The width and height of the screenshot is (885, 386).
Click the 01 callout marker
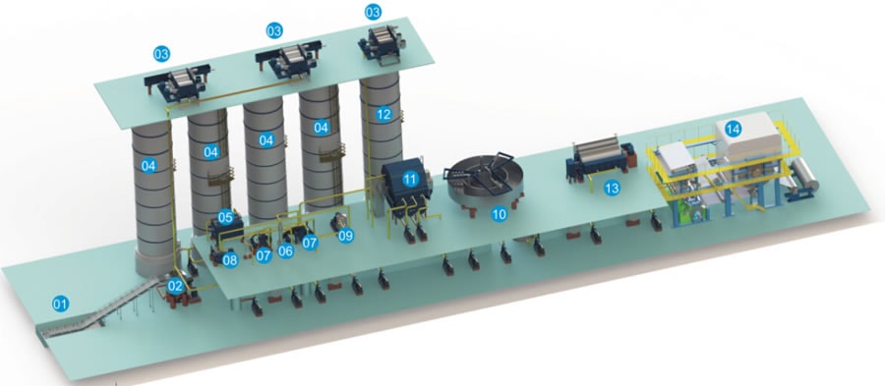pyautogui.click(x=60, y=304)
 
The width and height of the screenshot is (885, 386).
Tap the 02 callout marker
pyautogui.click(x=176, y=286)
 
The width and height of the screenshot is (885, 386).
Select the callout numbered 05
pyautogui.click(x=226, y=217)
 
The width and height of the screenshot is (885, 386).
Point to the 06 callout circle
pyautogui.click(x=286, y=251)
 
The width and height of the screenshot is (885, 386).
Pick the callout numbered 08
pyautogui.click(x=230, y=261)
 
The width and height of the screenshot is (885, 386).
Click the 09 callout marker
pyautogui.click(x=345, y=236)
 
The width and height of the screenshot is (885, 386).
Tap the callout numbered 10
pyautogui.click(x=499, y=214)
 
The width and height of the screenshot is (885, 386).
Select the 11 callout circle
pyautogui.click(x=410, y=179)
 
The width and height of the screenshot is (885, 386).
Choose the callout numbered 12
pyautogui.click(x=383, y=114)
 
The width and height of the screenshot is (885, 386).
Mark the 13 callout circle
pyautogui.click(x=612, y=189)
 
